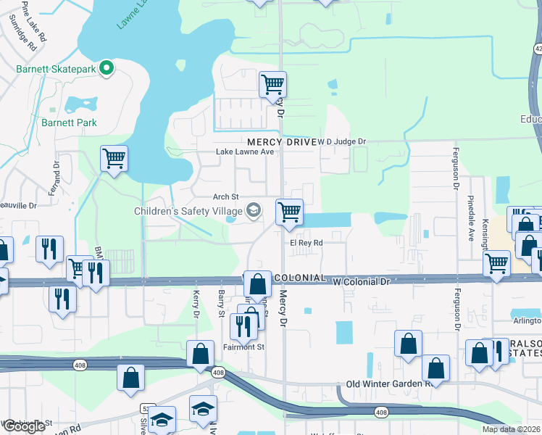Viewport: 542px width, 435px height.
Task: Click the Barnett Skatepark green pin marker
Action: [107, 69]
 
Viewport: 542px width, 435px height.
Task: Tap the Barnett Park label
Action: [69, 123]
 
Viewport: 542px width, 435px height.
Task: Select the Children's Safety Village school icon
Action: [253, 211]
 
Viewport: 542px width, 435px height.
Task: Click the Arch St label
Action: [226, 196]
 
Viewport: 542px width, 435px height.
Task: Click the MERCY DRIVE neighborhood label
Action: [281, 142]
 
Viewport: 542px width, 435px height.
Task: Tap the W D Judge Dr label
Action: [342, 142]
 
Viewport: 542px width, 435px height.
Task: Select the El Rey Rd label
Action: [307, 243]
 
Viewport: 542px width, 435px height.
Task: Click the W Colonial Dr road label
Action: [361, 280]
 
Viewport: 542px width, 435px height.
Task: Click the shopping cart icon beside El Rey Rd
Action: [289, 212]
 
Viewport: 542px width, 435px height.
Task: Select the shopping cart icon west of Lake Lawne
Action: [114, 158]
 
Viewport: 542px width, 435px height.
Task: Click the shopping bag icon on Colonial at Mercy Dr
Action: [257, 283]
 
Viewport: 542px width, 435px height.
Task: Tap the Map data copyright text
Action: [511, 429]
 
